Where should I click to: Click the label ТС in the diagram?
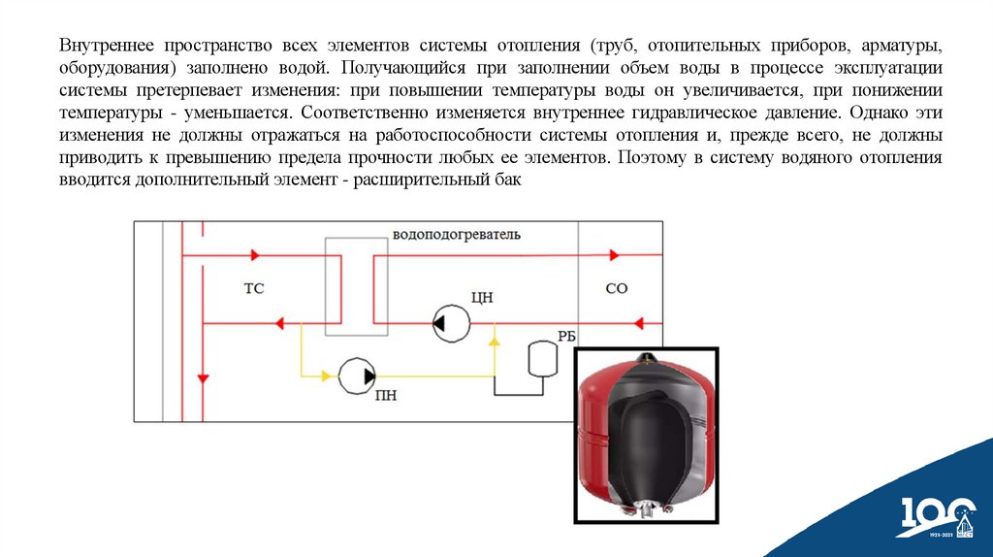(254, 288)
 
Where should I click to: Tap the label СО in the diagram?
(617, 288)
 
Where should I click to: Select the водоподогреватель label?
(456, 235)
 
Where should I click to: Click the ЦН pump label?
(481, 297)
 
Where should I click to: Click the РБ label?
(566, 336)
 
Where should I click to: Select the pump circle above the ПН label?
(359, 375)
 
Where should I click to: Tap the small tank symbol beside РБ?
(538, 358)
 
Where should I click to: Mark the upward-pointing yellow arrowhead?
(494, 339)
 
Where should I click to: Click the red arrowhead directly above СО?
(613, 255)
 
